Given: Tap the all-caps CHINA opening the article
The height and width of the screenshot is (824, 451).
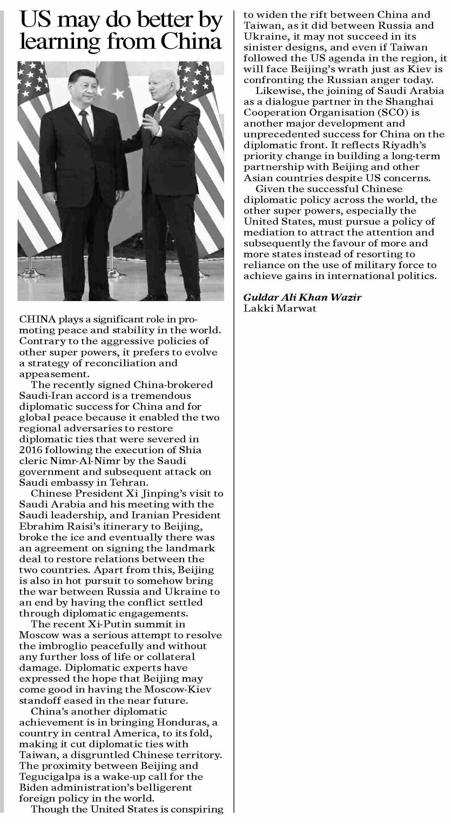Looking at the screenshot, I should pyautogui.click(x=38, y=319).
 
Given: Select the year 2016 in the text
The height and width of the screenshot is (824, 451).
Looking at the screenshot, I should pyautogui.click(x=30, y=450).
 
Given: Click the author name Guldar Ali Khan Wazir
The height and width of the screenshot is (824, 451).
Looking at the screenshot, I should pyautogui.click(x=302, y=298).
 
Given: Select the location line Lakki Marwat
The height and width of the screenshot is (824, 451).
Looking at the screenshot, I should pyautogui.click(x=280, y=308).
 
